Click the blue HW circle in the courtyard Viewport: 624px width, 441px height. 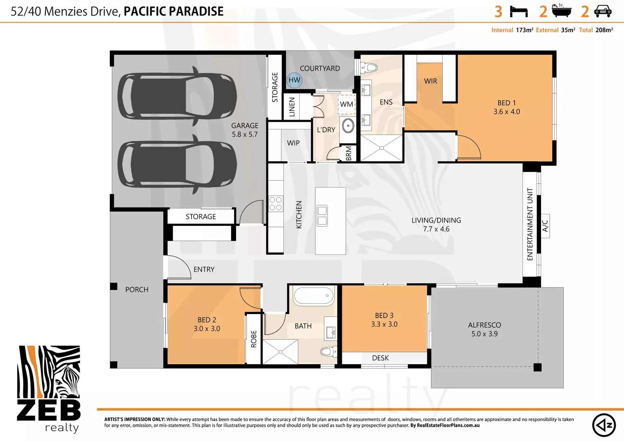[294, 80]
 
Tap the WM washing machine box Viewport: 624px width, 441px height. [347, 104]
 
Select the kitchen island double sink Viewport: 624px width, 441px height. [322, 216]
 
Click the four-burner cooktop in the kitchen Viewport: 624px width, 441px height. [276, 204]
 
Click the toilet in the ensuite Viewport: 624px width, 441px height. [369, 67]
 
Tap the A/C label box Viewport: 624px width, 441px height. [545, 226]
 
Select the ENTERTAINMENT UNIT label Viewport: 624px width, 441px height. [530, 224]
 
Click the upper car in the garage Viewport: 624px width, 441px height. [177, 95]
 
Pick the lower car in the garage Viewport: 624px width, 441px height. [177, 164]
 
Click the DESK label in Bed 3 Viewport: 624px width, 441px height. [380, 358]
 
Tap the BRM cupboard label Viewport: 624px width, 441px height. [349, 154]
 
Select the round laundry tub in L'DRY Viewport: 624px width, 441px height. [348, 125]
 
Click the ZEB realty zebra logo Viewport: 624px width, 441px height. [49, 388]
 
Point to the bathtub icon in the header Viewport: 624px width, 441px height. [562, 11]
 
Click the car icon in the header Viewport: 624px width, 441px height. [603, 11]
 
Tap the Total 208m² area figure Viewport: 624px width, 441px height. [596, 30]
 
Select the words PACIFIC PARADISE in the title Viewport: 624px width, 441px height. [174, 11]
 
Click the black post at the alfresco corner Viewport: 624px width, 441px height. [537, 367]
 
